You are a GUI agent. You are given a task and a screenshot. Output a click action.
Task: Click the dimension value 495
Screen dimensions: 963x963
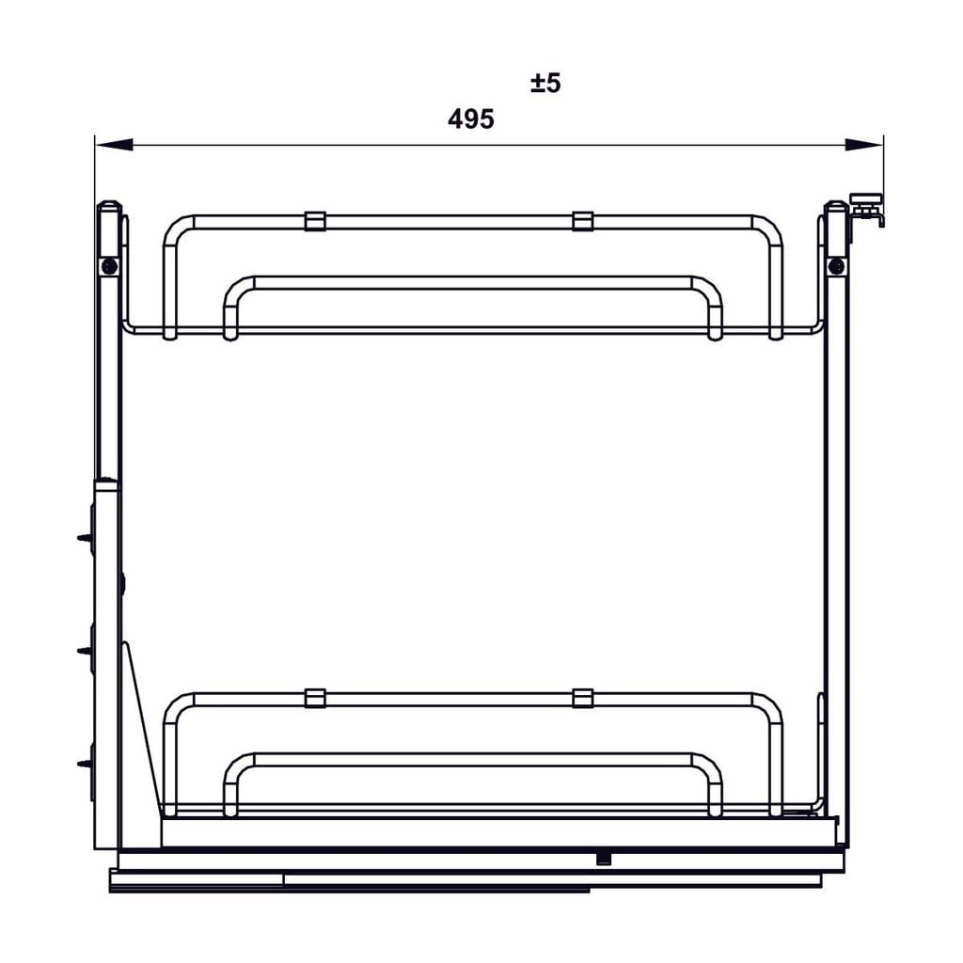(x=471, y=119)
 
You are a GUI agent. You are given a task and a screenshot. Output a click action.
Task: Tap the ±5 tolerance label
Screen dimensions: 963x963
(x=545, y=83)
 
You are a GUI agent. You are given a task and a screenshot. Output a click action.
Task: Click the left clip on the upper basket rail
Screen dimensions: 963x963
(x=315, y=221)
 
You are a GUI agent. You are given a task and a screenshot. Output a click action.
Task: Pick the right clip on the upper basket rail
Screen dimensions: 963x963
(x=583, y=221)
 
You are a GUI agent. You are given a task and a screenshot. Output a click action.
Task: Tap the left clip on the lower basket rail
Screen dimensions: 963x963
(x=315, y=698)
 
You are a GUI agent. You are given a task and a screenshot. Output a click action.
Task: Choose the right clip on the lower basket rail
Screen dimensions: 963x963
(x=583, y=698)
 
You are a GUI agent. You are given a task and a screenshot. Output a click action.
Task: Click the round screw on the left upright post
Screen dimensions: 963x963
(x=111, y=267)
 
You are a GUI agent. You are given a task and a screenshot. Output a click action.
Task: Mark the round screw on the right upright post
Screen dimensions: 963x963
(x=835, y=267)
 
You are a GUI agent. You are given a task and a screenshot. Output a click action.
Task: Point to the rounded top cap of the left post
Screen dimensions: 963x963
(x=109, y=205)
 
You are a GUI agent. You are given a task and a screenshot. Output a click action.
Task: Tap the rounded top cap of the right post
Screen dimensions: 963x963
(x=835, y=205)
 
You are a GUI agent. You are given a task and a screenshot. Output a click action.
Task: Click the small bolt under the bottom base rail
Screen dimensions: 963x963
(x=603, y=859)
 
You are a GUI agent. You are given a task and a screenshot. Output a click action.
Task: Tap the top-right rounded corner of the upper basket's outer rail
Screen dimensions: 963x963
(x=768, y=229)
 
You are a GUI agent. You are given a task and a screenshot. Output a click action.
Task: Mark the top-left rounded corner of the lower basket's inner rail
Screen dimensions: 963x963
(x=238, y=764)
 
